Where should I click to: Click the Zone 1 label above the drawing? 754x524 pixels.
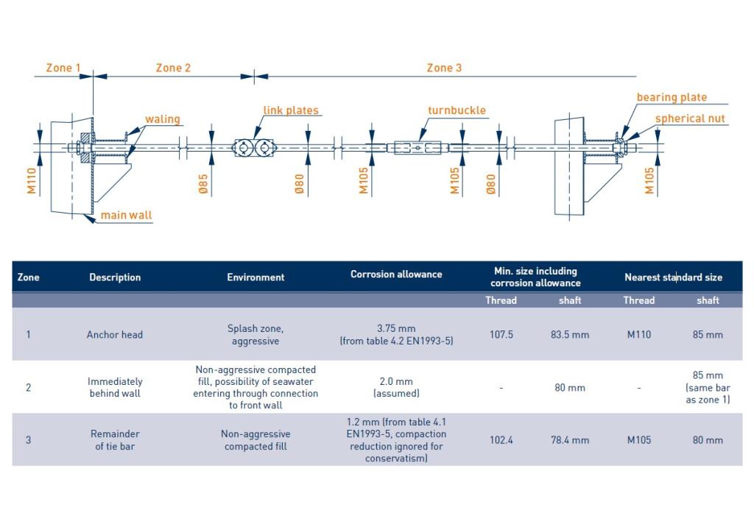(x=63, y=68)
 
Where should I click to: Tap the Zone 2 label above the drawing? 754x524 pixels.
(x=173, y=68)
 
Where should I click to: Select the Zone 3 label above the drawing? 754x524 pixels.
(x=444, y=68)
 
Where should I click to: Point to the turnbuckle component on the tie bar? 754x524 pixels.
(x=417, y=148)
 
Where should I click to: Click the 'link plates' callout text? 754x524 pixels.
(x=291, y=110)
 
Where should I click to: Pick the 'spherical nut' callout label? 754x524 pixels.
(x=690, y=118)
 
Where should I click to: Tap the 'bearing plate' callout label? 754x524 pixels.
(x=672, y=97)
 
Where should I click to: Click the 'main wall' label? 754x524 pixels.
(x=126, y=215)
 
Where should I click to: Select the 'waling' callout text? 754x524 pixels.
(x=163, y=119)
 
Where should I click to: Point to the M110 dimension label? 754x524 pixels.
(x=32, y=181)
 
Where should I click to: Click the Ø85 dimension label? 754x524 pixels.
(x=203, y=184)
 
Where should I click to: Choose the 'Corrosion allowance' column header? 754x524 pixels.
(x=396, y=274)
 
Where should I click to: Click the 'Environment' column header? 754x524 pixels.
(x=256, y=277)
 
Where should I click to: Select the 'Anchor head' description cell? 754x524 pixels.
(x=115, y=335)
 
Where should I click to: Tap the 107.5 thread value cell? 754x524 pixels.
(x=501, y=335)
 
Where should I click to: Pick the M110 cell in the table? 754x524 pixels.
(x=639, y=335)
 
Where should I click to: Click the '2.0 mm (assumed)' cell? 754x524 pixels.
(x=396, y=387)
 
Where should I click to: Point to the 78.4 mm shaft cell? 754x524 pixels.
(x=570, y=440)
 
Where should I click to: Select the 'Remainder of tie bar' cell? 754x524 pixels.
(x=115, y=440)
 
